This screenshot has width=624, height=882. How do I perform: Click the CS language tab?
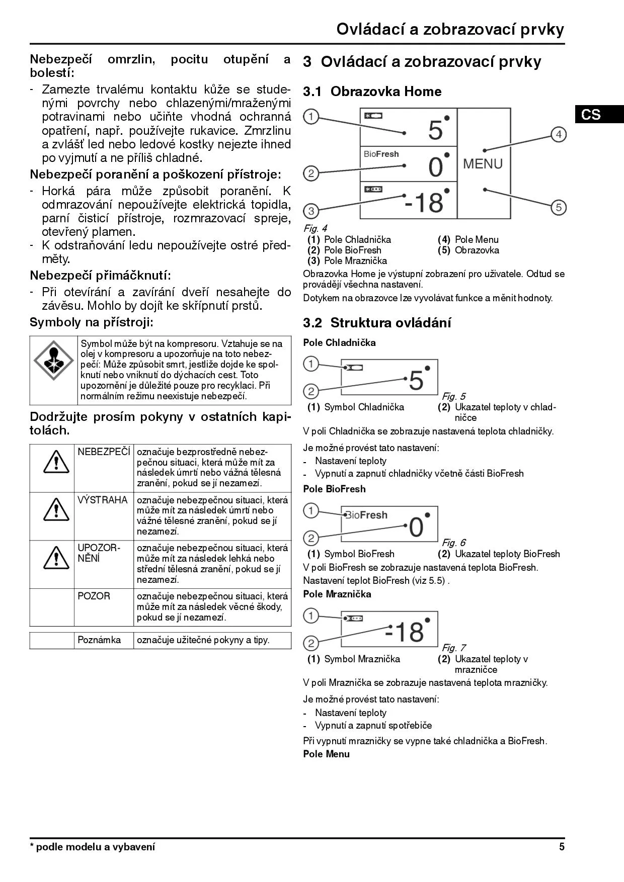point(591,115)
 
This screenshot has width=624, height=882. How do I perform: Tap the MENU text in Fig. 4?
point(483,164)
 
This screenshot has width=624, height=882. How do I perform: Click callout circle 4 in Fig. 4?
point(559,134)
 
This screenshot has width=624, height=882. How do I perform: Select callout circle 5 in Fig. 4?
point(559,207)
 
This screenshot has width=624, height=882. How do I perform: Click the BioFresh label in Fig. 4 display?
point(381,154)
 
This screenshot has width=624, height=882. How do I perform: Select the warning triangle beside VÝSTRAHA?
point(56,510)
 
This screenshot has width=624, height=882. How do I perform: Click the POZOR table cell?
point(94,596)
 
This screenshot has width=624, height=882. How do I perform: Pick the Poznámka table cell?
point(100,640)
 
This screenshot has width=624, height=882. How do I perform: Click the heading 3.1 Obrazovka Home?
point(372,92)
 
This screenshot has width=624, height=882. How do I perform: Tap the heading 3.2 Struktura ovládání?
point(377,323)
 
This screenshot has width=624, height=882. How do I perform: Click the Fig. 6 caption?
point(454,543)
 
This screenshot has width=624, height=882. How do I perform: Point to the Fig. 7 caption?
point(454,648)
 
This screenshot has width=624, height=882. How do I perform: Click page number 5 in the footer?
point(562,847)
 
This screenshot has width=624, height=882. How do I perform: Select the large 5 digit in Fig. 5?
point(416,381)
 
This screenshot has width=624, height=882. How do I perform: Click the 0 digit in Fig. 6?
point(417,527)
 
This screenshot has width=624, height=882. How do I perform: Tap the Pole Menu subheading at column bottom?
point(326,754)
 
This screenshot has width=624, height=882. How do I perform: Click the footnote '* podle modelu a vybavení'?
point(93,847)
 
